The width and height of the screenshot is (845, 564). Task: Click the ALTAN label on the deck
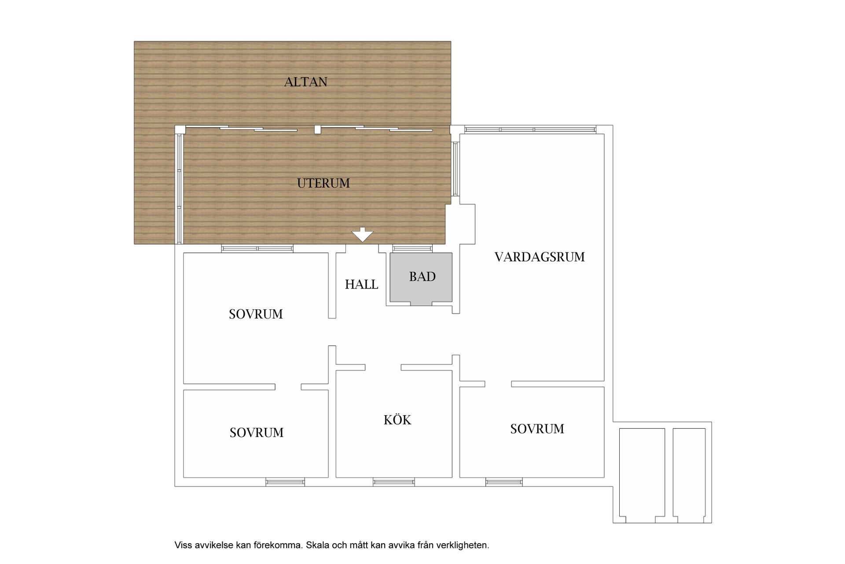click(x=305, y=82)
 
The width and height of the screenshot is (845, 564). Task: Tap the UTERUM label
click(x=323, y=183)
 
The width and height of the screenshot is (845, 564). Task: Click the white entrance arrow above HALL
click(x=363, y=234)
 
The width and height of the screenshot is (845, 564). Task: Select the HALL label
click(x=361, y=285)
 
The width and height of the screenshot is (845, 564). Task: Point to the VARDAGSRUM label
click(x=540, y=257)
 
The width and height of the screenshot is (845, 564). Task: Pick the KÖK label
click(x=397, y=420)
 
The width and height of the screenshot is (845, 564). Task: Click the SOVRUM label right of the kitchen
click(x=537, y=429)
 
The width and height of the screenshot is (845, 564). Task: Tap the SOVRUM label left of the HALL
click(x=256, y=314)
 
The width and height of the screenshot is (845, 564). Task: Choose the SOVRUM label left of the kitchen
click(x=256, y=433)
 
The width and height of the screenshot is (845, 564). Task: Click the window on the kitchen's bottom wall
click(x=393, y=482)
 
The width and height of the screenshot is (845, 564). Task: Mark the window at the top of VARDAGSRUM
click(x=530, y=130)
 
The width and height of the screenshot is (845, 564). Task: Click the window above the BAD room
click(x=412, y=249)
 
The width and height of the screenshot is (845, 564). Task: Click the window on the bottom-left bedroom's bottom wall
click(x=285, y=482)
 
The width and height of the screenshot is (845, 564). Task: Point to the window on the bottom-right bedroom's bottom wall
click(x=504, y=482)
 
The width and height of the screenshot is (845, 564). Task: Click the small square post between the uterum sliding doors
click(x=318, y=130)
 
